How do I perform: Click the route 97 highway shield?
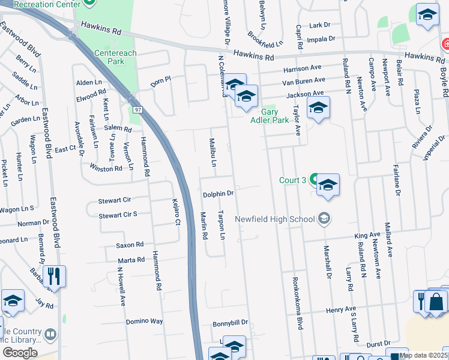[x=137, y=109]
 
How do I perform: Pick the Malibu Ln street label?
[x=212, y=152]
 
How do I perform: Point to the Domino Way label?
[x=145, y=322]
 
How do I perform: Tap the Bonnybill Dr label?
[x=230, y=323]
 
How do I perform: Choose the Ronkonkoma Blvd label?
[x=297, y=303]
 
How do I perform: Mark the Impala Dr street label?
[x=321, y=38]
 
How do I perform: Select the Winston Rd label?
[x=106, y=169]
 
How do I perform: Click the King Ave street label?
[x=367, y=235]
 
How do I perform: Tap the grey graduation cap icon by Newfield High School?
[x=324, y=218]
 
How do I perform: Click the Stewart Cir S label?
[x=118, y=214]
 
